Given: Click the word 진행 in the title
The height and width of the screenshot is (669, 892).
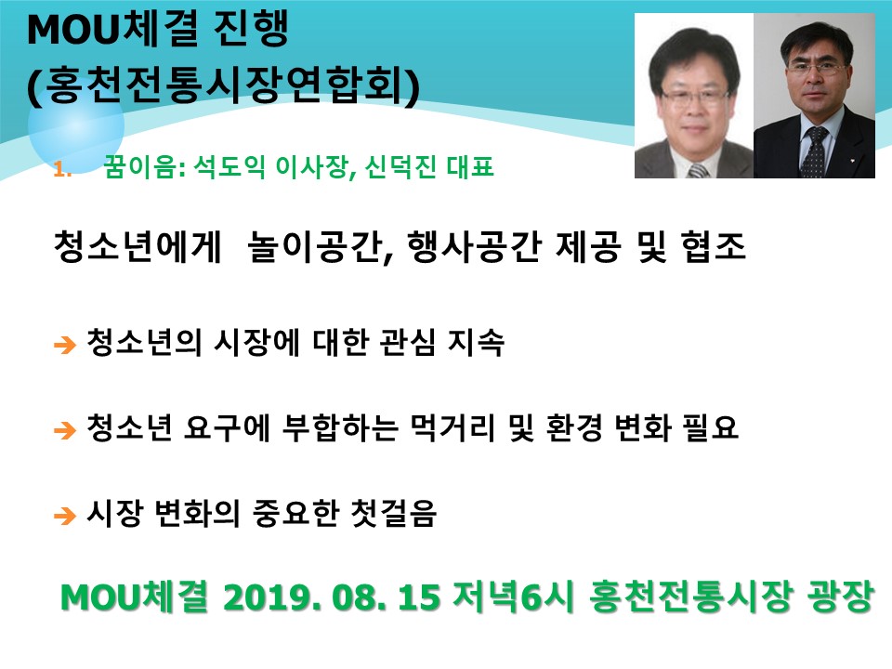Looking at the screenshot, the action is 251,30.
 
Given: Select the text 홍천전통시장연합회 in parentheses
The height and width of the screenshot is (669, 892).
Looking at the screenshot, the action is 223,85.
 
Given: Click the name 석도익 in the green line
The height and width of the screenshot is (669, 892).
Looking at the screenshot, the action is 230,166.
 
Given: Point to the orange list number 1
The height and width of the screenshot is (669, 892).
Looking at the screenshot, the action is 61,169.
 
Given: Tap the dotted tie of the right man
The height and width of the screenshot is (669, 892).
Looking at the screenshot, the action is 814,151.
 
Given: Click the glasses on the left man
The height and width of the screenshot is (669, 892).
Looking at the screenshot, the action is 695,96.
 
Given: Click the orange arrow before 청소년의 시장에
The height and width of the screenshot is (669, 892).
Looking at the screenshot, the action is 65,345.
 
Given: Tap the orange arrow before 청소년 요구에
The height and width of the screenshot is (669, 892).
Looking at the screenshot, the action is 65,430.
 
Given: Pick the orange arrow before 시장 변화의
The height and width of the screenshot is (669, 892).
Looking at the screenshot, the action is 65,516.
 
